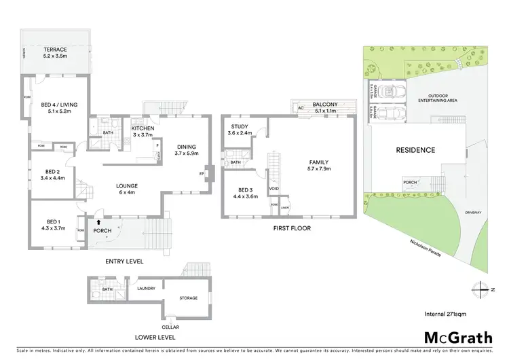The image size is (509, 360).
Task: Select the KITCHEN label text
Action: [143, 128]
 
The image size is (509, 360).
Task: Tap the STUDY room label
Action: [239, 126]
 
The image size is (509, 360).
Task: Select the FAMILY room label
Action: [320, 163]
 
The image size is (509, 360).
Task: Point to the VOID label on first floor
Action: [274, 188]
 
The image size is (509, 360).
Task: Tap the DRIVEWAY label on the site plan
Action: [473, 213]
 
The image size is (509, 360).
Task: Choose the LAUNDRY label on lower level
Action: [146, 288]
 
